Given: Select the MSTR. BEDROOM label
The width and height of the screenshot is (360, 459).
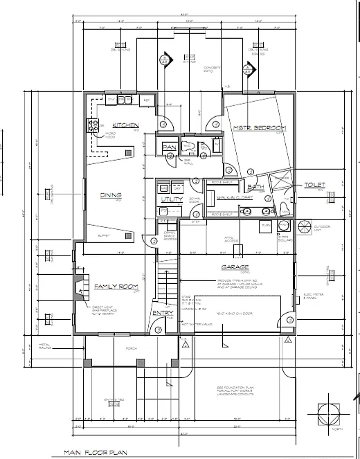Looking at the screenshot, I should (x=259, y=128).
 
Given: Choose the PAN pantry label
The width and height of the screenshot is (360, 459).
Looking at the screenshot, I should (x=169, y=147).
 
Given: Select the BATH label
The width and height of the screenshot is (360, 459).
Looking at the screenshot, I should (x=255, y=188).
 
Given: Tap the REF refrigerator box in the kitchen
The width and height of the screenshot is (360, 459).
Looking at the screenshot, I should (x=147, y=101).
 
